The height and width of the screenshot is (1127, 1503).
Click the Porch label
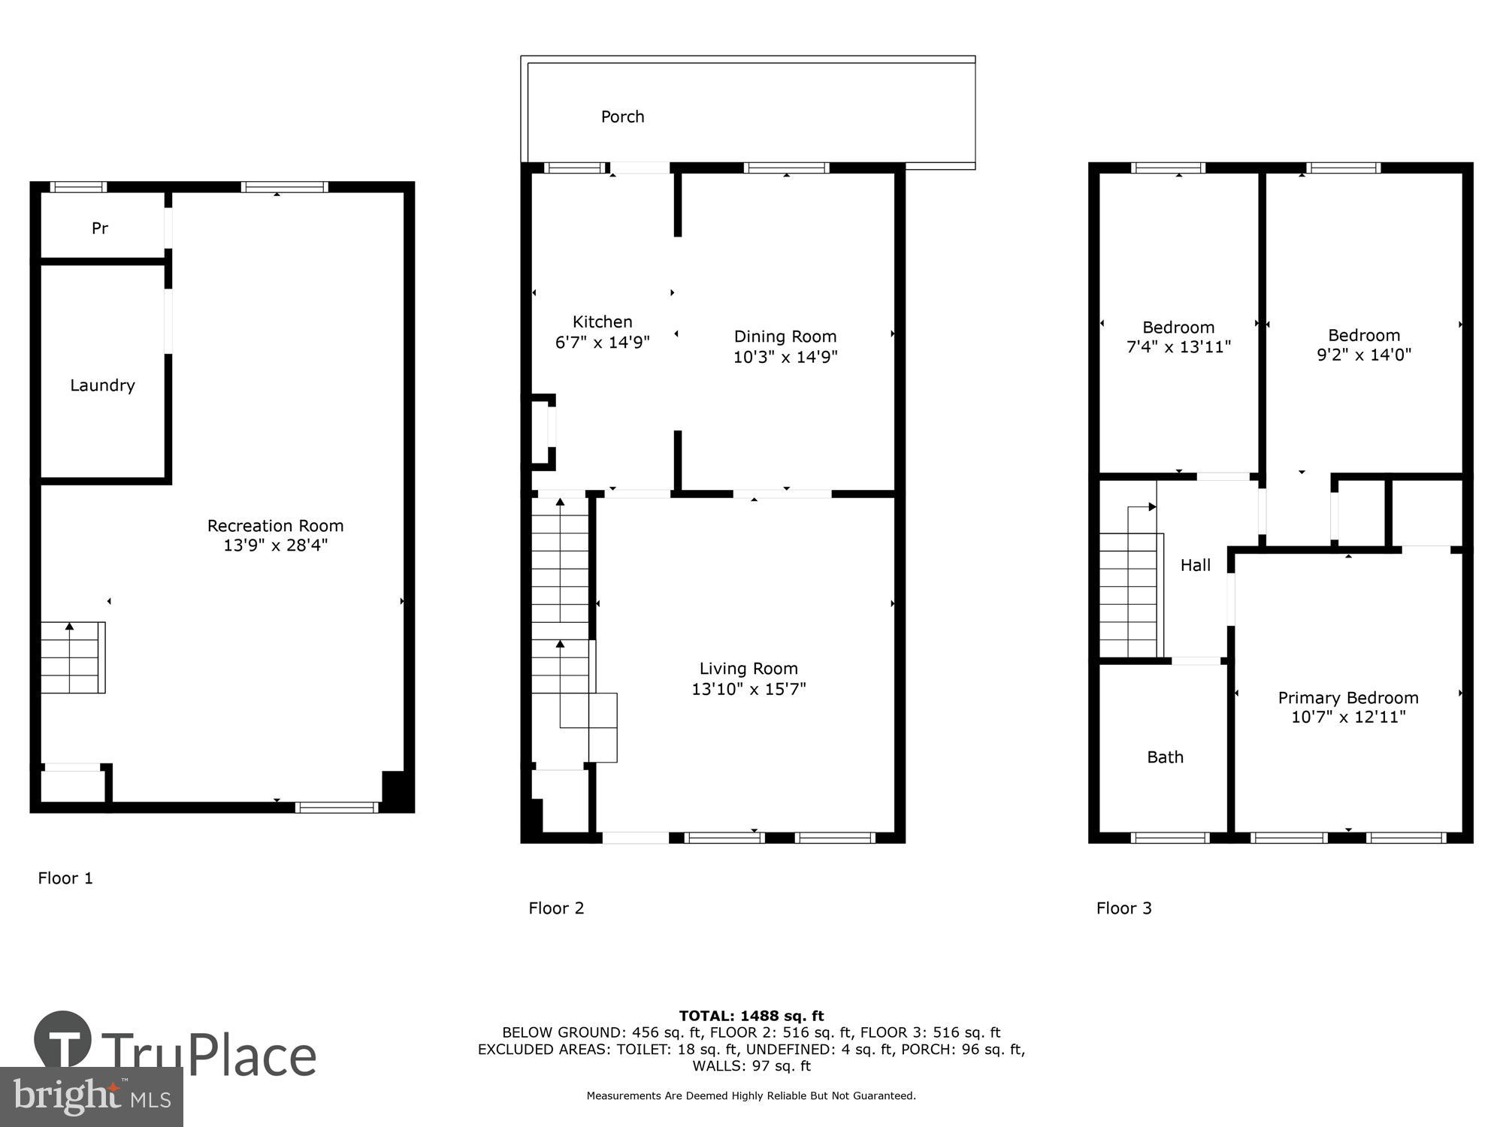tap(622, 116)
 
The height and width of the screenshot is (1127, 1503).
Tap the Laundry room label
tap(102, 385)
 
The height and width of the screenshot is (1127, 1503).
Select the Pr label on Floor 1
tap(100, 228)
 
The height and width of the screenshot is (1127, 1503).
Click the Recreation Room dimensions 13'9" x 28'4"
tap(275, 545)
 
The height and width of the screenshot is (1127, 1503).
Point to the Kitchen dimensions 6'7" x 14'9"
tap(602, 343)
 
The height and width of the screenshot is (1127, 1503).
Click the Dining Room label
tap(785, 337)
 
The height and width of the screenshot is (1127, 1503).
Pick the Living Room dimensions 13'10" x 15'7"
tap(748, 689)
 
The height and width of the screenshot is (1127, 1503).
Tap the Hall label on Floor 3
tap(1195, 566)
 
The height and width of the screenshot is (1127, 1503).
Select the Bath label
tap(1165, 757)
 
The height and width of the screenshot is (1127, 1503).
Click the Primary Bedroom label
tap(1347, 697)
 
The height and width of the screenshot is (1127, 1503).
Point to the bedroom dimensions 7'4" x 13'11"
tap(1178, 347)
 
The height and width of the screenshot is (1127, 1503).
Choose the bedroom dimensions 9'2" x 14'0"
tap(1363, 355)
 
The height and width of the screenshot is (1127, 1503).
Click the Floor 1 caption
tap(65, 878)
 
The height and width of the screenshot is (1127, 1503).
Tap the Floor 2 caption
tap(555, 908)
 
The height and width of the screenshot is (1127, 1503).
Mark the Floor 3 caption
tap(1123, 908)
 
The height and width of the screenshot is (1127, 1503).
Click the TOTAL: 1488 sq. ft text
tap(751, 1016)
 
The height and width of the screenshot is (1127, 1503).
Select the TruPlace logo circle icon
tap(63, 1040)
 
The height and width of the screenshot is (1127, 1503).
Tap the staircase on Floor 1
tap(72, 657)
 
